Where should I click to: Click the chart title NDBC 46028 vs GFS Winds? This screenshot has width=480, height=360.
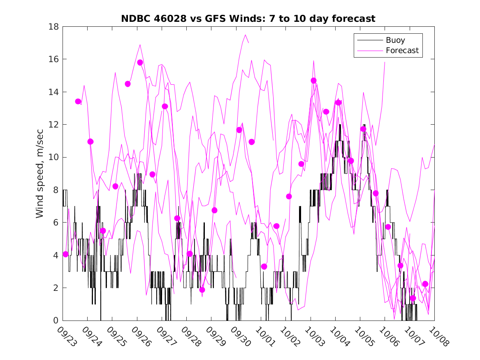click(x=248, y=19)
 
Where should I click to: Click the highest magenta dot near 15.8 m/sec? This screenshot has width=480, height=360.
click(x=140, y=63)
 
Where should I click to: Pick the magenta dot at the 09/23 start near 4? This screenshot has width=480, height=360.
click(x=65, y=254)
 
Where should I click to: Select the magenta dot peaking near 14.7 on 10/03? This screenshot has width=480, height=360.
click(x=313, y=81)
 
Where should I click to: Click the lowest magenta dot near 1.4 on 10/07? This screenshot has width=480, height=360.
click(x=413, y=298)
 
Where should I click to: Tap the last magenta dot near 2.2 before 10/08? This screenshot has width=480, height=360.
click(x=425, y=284)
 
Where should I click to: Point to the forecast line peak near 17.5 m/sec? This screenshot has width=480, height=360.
click(x=245, y=35)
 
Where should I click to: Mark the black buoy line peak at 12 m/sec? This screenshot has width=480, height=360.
click(x=340, y=125)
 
